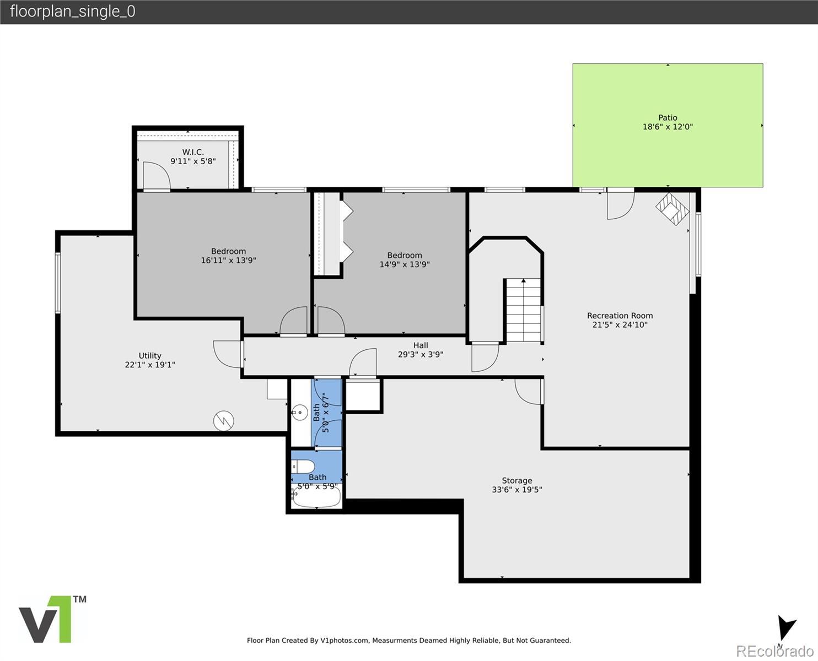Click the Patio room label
tap(668, 117)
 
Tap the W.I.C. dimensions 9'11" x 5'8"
tap(193, 161)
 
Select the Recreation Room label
tap(620, 315)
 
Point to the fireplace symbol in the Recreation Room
tap(672, 208)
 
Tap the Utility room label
tap(150, 356)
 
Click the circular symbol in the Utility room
tap(223, 420)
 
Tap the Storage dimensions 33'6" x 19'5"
tap(517, 490)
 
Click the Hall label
tap(421, 345)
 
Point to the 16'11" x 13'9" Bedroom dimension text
tap(229, 260)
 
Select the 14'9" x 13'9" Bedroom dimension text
tap(405, 264)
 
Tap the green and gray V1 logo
tap(52, 619)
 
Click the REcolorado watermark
tap(774, 651)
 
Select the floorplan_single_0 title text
tap(73, 12)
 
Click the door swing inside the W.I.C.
tap(157, 175)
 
